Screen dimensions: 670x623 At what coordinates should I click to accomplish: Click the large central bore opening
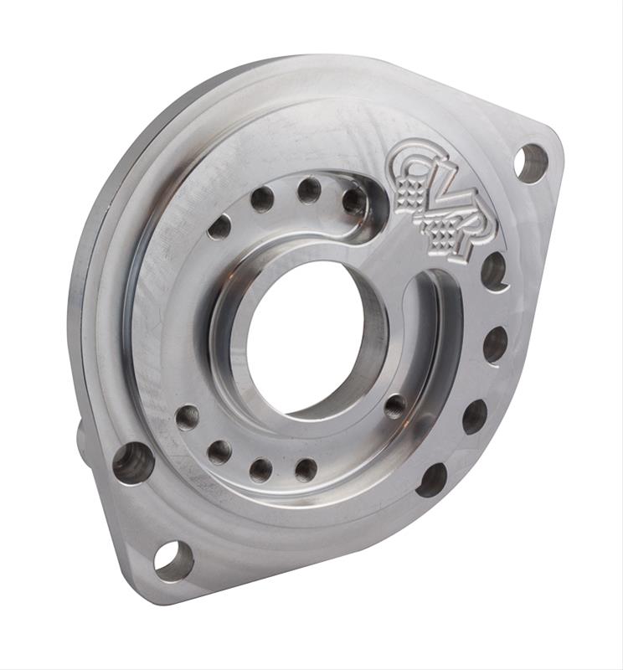tap(306, 339)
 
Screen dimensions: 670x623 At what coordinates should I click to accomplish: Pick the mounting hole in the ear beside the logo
tap(531, 162)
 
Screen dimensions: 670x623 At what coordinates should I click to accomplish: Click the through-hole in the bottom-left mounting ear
tap(173, 560)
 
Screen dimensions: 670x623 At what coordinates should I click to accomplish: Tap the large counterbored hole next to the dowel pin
tap(133, 462)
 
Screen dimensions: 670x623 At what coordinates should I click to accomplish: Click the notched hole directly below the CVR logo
tap(494, 271)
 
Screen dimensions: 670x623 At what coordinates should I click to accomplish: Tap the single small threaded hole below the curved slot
tap(395, 406)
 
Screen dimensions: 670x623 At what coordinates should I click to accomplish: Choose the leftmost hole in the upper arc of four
tap(219, 227)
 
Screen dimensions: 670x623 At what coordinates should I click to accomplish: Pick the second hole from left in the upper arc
tap(262, 199)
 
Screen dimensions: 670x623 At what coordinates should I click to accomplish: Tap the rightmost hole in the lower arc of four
tap(306, 470)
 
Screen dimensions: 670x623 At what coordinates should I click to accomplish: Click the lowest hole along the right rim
tap(433, 480)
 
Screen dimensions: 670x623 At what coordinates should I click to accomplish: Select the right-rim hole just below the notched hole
tap(495, 344)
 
